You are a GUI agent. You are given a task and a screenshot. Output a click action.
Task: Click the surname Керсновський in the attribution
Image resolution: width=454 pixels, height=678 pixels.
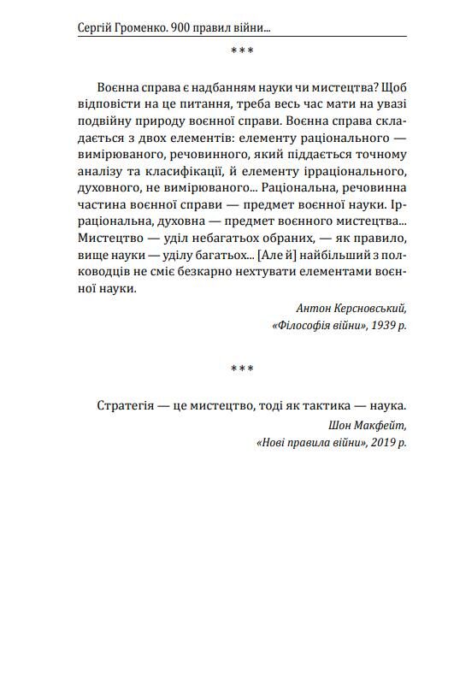click(367, 308)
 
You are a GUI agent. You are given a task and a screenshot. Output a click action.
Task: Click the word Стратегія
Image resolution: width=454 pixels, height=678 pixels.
click(125, 405)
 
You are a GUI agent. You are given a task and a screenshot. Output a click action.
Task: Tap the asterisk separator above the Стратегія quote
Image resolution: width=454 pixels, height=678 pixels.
click(242, 369)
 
